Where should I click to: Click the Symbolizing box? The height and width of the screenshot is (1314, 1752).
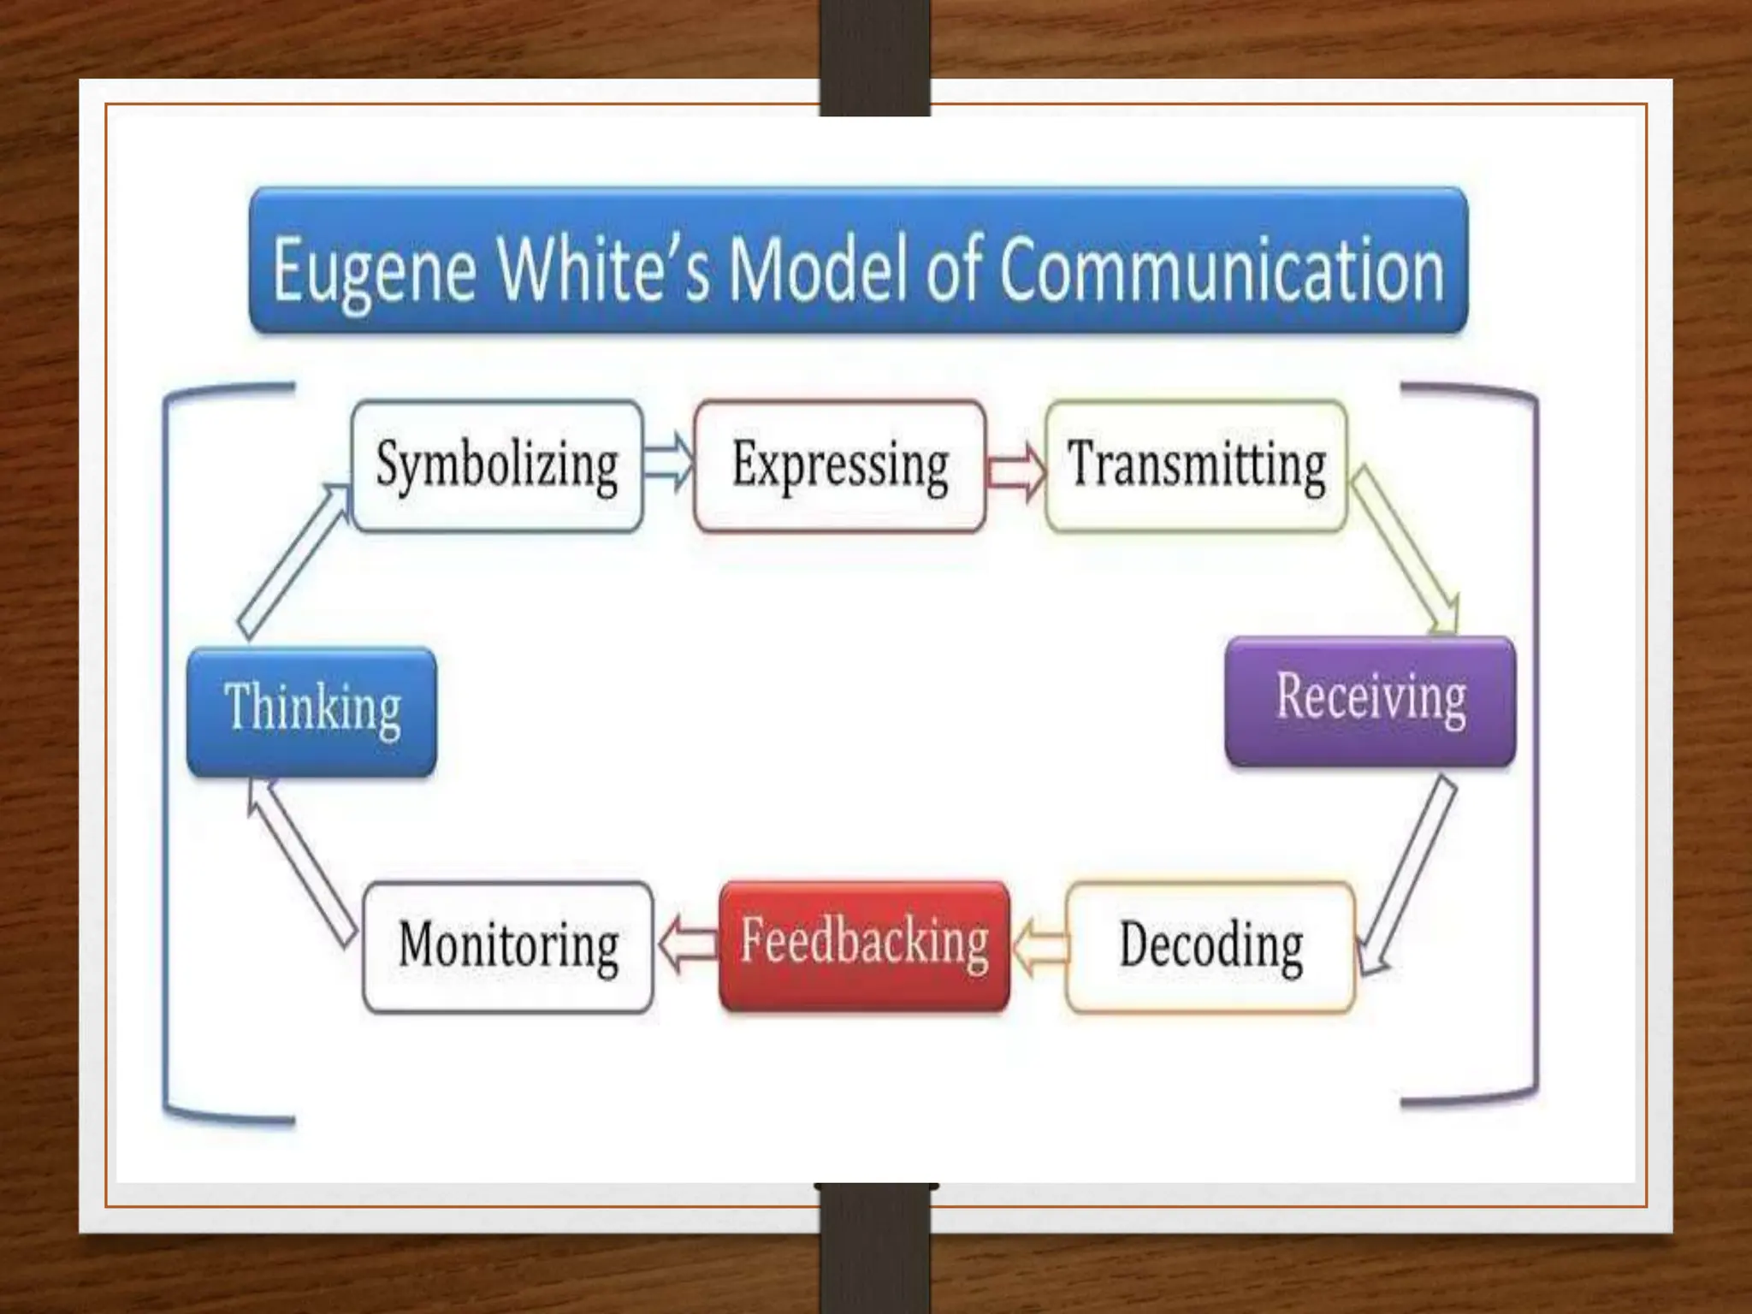coord(497,466)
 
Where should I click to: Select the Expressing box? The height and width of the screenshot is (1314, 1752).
coord(839,466)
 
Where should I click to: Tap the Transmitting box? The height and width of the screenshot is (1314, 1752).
coord(1196,466)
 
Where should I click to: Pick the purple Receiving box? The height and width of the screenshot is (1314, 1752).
coord(1370,701)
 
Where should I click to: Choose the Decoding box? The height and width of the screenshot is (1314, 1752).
coord(1210,947)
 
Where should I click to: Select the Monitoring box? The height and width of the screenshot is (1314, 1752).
coord(508,947)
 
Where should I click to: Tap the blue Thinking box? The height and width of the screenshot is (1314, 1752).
coord(311,711)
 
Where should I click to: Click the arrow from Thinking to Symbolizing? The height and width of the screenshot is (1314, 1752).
coord(293,560)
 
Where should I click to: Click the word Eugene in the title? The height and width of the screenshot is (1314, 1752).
coord(374,270)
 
